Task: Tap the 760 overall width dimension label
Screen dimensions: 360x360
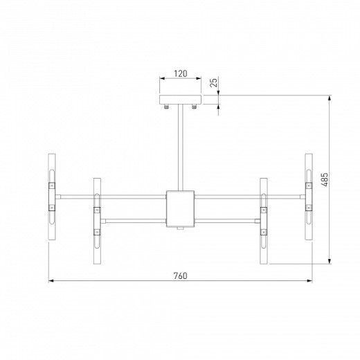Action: (x=179, y=276)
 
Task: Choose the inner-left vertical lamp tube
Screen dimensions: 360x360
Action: (x=97, y=222)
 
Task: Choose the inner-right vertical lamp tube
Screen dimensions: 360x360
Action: (x=263, y=222)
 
